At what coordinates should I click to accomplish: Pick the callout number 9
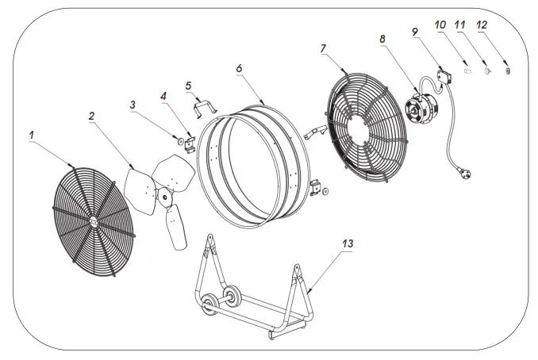[x=416, y=33]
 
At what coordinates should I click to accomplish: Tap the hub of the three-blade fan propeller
[x=163, y=193]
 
